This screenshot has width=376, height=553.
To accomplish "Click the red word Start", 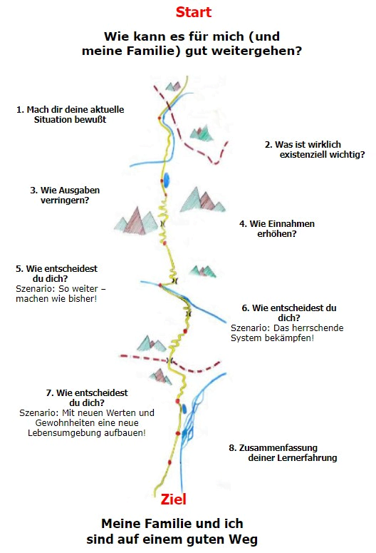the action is click(193, 12).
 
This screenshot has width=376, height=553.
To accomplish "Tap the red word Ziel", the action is click(174, 499).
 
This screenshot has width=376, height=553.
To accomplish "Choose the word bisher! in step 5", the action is click(84, 299).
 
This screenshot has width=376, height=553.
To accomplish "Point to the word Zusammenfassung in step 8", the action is click(278, 448).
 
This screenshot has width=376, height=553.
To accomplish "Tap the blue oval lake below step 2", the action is click(165, 180).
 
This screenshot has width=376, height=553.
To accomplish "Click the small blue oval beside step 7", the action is click(184, 409).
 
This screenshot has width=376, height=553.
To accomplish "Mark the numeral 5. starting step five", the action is click(19, 269).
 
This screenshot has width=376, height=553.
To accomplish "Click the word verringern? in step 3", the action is click(65, 201).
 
